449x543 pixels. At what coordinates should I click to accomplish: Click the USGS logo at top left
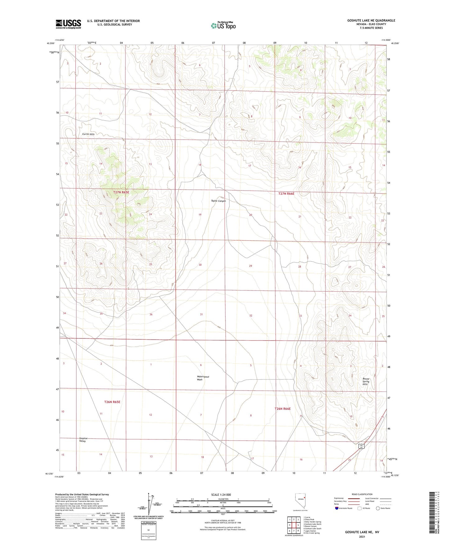[x=68, y=24]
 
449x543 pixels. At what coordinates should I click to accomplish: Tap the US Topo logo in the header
[x=223, y=25]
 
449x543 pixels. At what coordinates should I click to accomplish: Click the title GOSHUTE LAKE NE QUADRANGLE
[x=371, y=21]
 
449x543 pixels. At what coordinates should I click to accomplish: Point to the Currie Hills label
[x=88, y=134]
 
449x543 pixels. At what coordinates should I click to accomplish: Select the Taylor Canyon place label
[x=218, y=201]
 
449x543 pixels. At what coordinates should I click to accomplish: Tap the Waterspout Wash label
[x=203, y=378]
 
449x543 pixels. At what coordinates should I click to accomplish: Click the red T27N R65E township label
[x=121, y=192]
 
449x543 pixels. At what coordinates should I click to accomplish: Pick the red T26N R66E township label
[x=282, y=409]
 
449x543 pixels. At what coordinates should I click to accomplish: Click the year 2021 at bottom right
[x=362, y=537]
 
